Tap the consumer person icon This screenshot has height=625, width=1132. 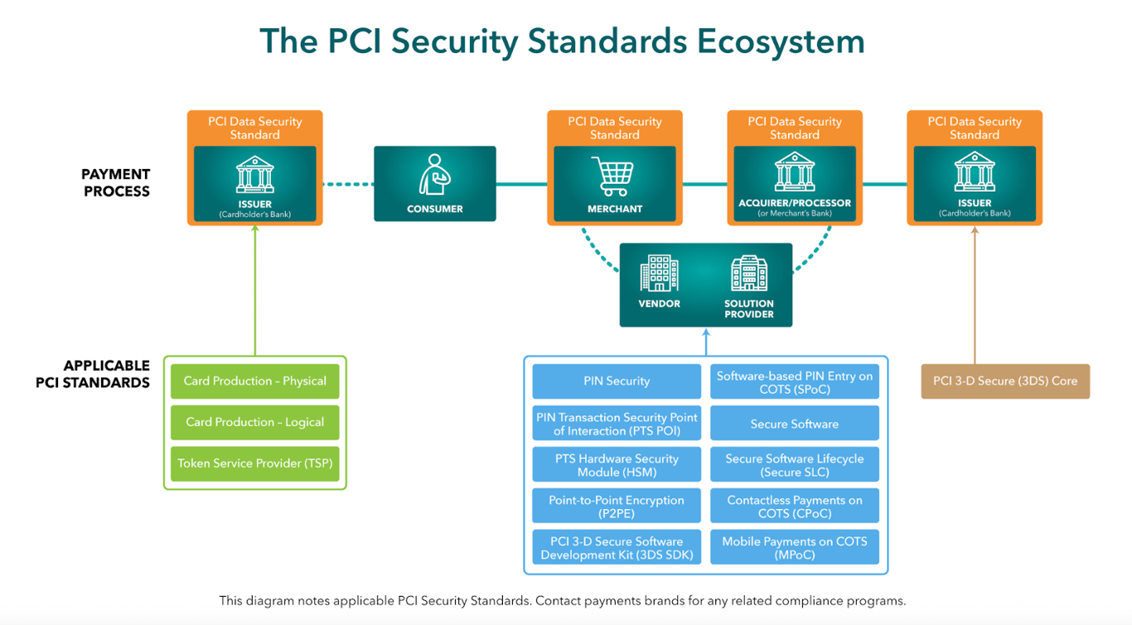tap(434, 175)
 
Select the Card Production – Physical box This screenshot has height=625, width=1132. tap(255, 381)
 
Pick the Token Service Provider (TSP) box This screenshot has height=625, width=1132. tap(255, 463)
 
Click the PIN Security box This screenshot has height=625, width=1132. tap(617, 381)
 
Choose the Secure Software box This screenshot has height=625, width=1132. tap(795, 424)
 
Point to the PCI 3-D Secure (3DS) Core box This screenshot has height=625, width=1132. tap(1005, 381)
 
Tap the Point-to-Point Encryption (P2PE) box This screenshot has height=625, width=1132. tap(617, 506)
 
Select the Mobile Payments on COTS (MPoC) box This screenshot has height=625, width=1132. tap(795, 548)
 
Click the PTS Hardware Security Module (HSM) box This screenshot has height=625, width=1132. tap(617, 465)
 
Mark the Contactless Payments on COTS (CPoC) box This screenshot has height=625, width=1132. tap(795, 506)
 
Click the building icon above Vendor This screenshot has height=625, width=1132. tap(660, 274)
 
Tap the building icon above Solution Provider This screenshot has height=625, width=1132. tap(748, 274)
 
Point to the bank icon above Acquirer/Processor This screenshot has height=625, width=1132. tap(795, 172)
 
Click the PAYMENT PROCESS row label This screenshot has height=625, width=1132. tap(115, 182)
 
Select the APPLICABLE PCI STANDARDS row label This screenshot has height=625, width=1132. tap(94, 374)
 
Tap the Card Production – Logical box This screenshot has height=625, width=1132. tap(255, 422)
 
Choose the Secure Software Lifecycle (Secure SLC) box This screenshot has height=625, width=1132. tap(795, 465)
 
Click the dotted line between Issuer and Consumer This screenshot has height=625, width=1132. tap(348, 184)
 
